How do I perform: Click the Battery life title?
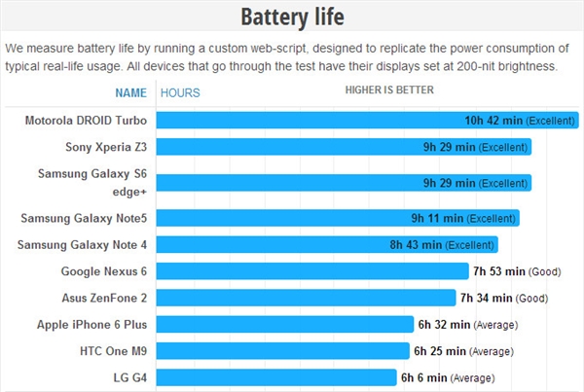pos(291,18)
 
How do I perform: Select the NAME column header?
pos(130,93)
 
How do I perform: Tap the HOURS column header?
pos(180,93)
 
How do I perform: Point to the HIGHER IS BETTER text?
pos(389,90)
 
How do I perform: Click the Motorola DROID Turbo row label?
pos(87,121)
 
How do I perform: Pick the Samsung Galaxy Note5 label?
pos(84,218)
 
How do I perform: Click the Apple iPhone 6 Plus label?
pos(92,324)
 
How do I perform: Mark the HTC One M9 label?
pos(111,350)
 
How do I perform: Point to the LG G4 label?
pos(128,376)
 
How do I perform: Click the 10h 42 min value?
pos(493,121)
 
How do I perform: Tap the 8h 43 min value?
pos(416,244)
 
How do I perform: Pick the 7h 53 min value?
pos(498,271)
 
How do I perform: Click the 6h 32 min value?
pos(444,324)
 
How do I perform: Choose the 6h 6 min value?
pos(424,376)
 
